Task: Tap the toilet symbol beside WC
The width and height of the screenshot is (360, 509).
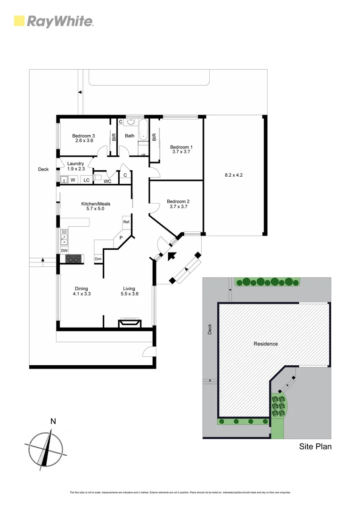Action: tap(98, 178)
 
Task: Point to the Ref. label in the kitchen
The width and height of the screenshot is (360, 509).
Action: tap(126, 222)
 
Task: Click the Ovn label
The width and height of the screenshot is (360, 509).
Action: tap(98, 259)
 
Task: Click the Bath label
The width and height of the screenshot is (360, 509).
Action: tap(130, 136)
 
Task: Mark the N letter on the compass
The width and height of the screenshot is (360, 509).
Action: tap(53, 421)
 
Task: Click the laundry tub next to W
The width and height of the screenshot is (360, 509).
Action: tap(64, 180)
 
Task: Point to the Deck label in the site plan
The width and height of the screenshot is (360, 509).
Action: tap(210, 329)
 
